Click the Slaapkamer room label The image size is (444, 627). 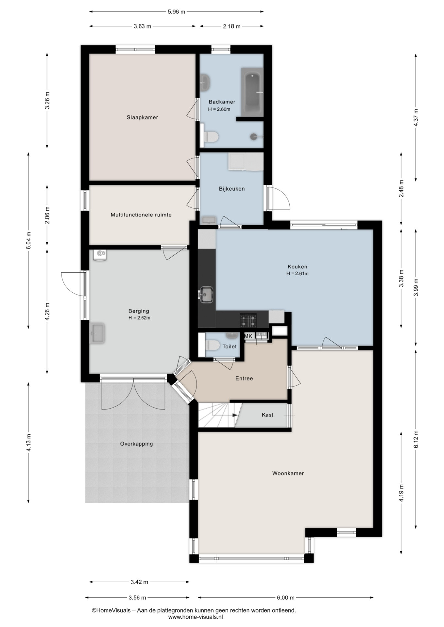click(142, 118)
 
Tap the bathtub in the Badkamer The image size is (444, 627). click(252, 92)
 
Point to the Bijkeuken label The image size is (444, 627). click(232, 189)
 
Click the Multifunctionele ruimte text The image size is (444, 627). click(141, 215)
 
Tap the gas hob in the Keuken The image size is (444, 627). click(248, 320)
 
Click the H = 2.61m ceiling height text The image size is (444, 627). click(297, 274)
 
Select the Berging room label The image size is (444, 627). click(139, 311)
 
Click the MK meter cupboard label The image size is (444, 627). click(248, 336)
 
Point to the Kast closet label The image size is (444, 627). click(267, 415)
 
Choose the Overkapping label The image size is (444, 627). click(136, 444)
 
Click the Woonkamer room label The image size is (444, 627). click(288, 474)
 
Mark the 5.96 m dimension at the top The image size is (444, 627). click(176, 12)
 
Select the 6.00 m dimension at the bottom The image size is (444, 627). click(285, 598)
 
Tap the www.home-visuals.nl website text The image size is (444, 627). click(196, 617)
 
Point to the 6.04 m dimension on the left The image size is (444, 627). click(29, 241)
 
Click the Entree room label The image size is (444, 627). click(244, 378)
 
